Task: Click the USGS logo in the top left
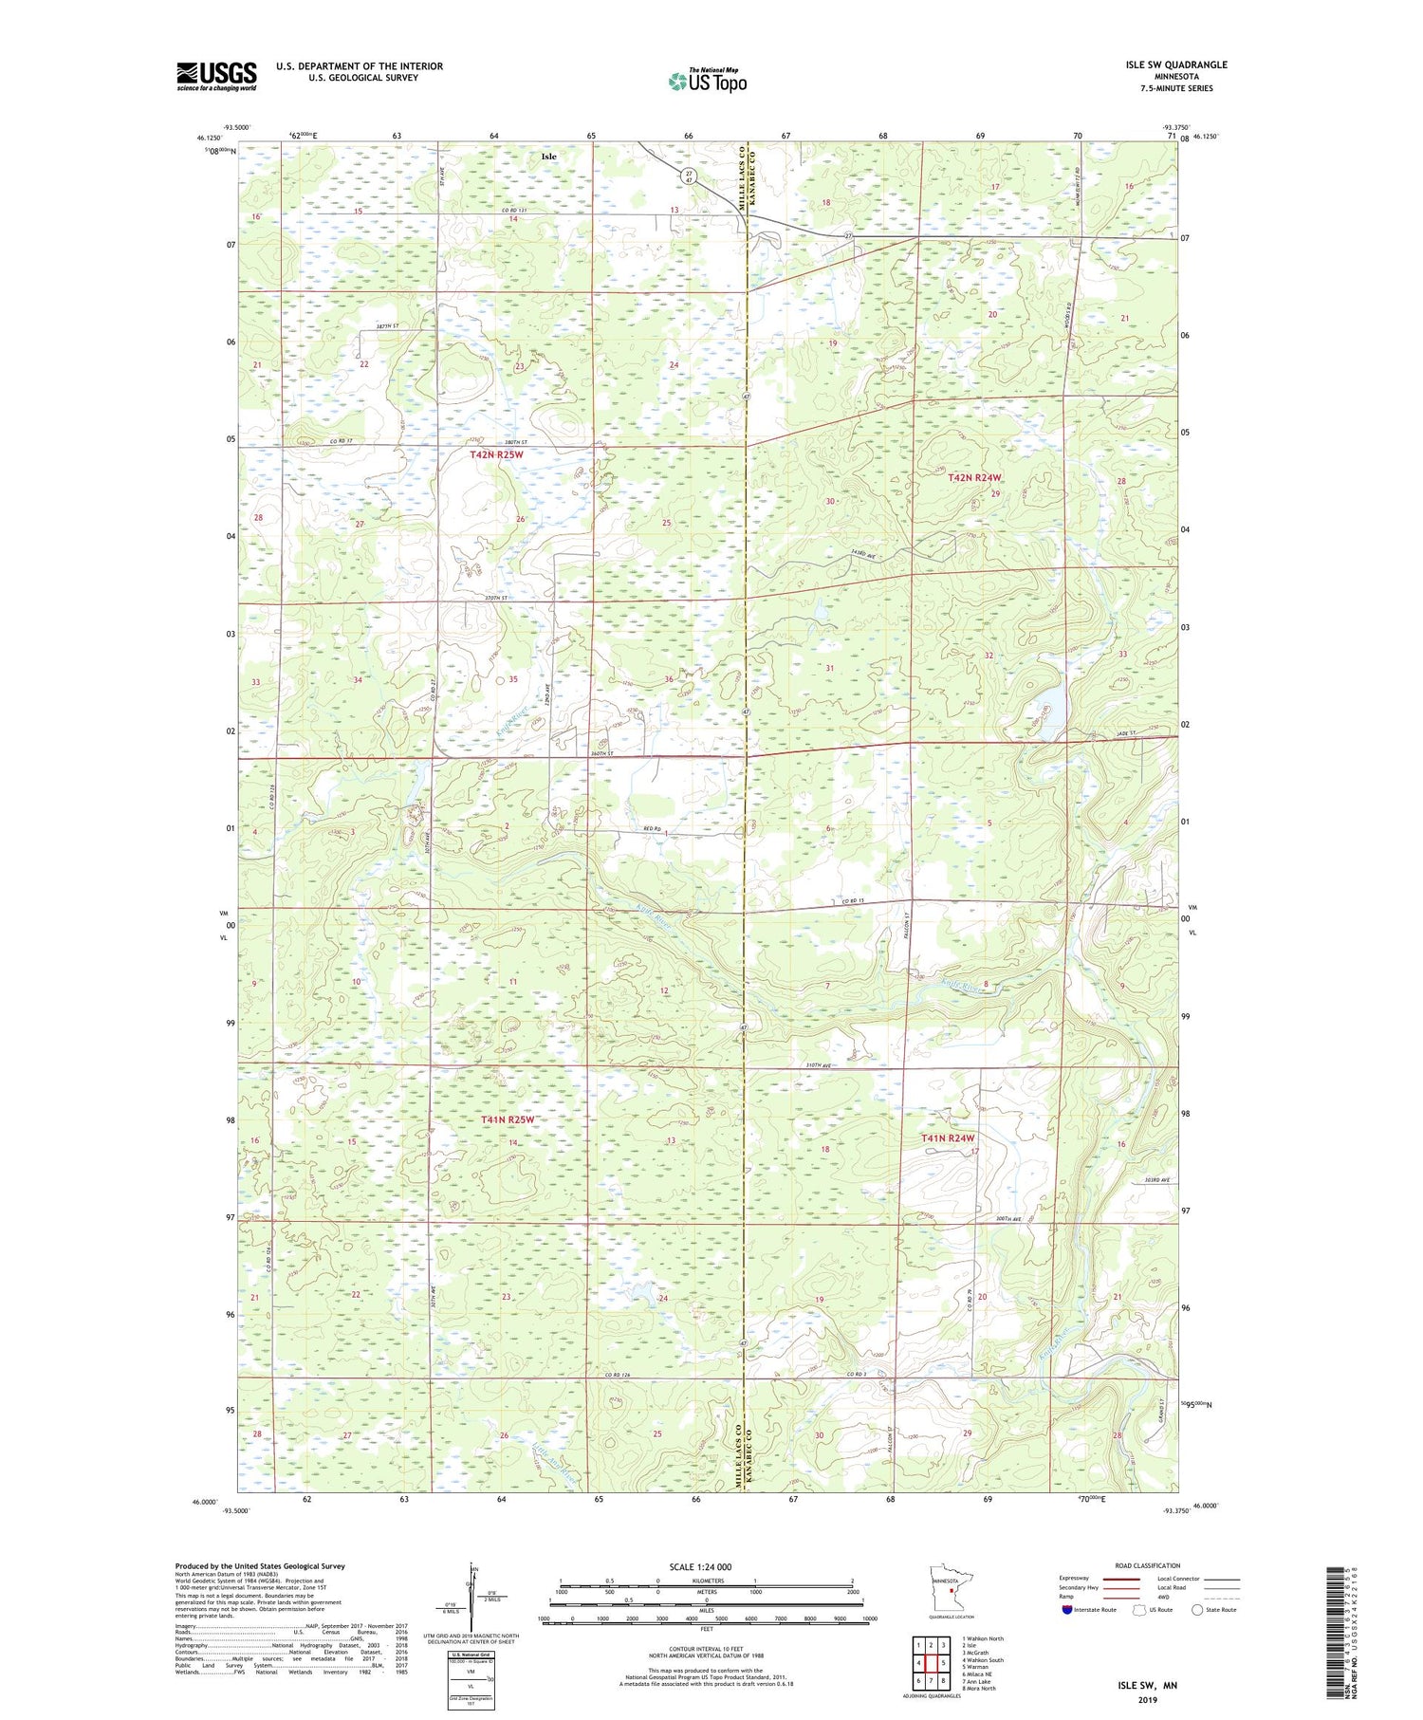pos(216,76)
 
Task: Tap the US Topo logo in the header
pos(707,82)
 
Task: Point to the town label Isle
pos(548,156)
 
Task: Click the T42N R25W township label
pos(496,455)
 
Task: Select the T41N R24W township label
pos(948,1137)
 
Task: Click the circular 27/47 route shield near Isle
pos(690,176)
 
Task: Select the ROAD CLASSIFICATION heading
pos(1147,1565)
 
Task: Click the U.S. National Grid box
pos(471,1680)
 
